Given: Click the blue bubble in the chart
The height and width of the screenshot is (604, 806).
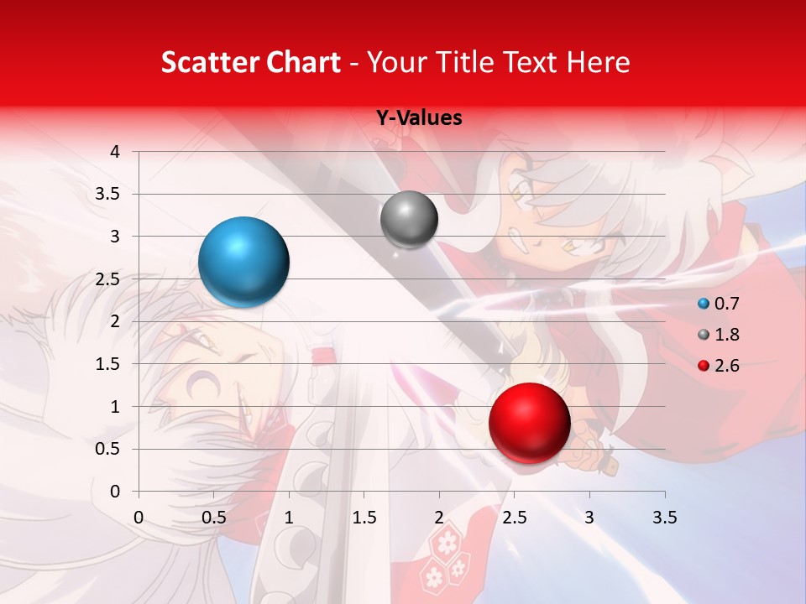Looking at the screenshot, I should (x=243, y=262).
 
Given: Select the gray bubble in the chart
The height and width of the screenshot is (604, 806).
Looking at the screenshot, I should (x=409, y=220).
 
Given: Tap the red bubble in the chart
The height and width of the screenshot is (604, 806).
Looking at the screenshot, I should (x=529, y=423).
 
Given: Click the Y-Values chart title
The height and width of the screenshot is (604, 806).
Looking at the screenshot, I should (x=419, y=118).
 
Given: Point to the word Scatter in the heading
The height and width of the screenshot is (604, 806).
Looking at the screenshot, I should (x=202, y=63).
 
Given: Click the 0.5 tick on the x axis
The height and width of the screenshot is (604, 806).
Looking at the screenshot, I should (x=214, y=518).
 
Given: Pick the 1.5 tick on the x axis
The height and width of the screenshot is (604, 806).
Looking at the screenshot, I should (x=364, y=518).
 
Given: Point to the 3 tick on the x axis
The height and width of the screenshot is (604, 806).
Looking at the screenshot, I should (x=589, y=518).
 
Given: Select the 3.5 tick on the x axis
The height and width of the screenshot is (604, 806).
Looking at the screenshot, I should (x=664, y=518).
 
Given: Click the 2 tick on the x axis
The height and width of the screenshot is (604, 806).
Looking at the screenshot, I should (x=439, y=518).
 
